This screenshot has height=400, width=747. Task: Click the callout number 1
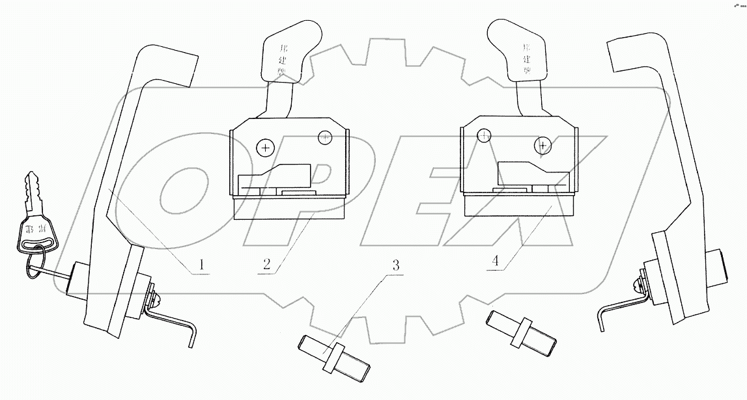pyautogui.click(x=201, y=265)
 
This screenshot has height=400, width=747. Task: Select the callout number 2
pyautogui.click(x=267, y=265)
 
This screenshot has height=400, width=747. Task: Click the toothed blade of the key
pyautogui.click(x=33, y=193)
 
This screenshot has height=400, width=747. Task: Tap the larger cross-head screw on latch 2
pyautogui.click(x=265, y=148)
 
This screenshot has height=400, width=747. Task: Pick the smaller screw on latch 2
pyautogui.click(x=324, y=137)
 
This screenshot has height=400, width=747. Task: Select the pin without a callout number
pyautogui.click(x=521, y=330)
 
